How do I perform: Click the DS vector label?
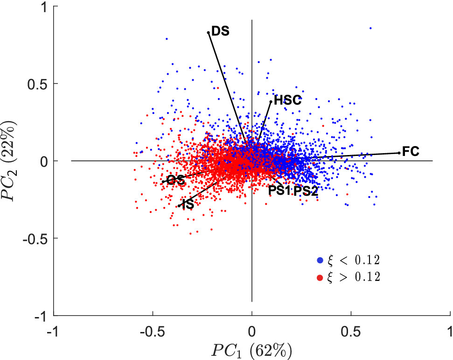click(220, 31)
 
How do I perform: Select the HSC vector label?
click(287, 100)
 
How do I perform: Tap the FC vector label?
click(411, 151)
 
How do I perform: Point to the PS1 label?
click(279, 191)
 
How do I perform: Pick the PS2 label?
click(306, 191)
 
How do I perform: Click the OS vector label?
click(176, 180)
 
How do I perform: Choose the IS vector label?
click(188, 205)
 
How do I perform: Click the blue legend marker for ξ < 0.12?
click(320, 260)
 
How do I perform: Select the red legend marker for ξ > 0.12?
click(320, 277)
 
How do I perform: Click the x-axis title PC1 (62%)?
click(252, 349)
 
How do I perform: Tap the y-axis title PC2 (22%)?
click(10, 161)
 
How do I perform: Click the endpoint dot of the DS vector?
click(209, 32)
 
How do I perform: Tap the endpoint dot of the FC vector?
click(399, 153)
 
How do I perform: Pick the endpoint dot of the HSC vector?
click(271, 101)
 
